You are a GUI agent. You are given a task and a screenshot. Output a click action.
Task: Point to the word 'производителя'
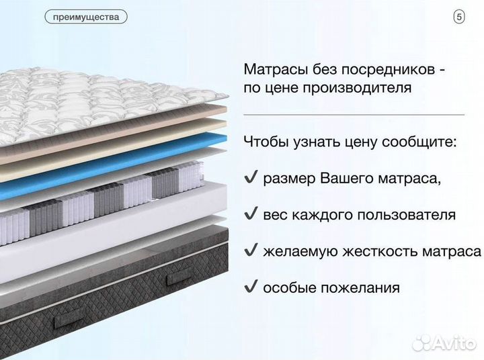[x=360, y=89]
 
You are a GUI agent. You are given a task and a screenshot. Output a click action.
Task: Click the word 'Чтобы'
[x=266, y=142]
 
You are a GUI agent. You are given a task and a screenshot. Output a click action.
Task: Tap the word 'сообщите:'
[x=421, y=142]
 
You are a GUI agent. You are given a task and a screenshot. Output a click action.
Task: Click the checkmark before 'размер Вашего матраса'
[x=251, y=178]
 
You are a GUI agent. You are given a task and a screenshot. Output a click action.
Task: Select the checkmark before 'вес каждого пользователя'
[x=251, y=214]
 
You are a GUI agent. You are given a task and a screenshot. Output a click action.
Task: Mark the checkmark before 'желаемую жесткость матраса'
[x=251, y=251]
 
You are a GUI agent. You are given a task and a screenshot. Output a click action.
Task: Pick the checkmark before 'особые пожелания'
[x=251, y=287]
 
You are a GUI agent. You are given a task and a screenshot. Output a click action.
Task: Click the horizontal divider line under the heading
[x=354, y=115]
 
